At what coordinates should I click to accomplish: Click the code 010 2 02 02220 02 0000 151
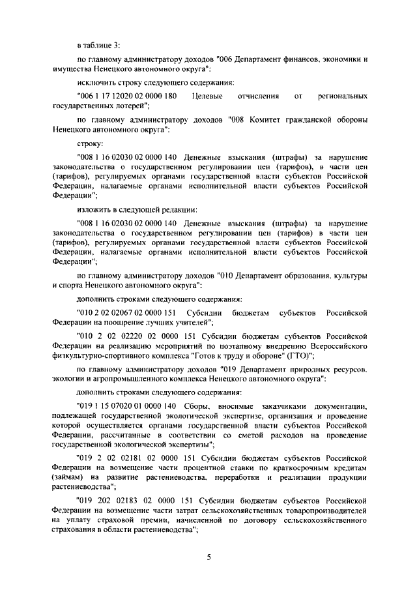pyautogui.click(x=133, y=336)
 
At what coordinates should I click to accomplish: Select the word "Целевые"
pyautogui.click(x=208, y=96)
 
